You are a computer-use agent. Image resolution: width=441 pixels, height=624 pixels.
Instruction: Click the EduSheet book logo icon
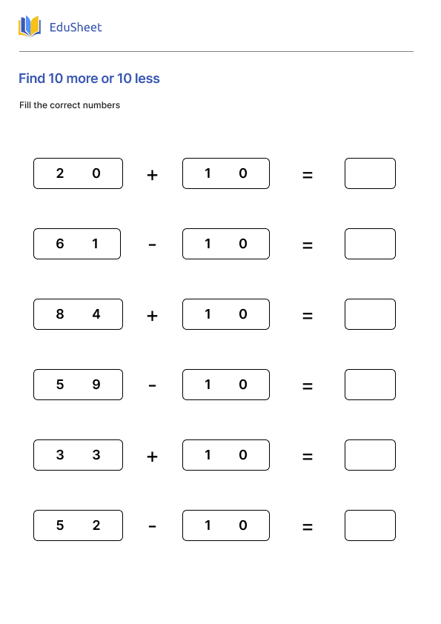click(30, 27)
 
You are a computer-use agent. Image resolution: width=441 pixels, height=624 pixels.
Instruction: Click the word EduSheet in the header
click(75, 27)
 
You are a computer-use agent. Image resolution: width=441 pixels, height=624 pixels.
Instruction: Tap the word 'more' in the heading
click(83, 79)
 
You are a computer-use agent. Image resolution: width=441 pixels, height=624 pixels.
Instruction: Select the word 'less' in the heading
click(147, 79)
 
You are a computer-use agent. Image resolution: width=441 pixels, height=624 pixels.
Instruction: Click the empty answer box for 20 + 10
click(370, 173)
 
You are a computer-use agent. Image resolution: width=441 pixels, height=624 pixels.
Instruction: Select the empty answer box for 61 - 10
click(370, 244)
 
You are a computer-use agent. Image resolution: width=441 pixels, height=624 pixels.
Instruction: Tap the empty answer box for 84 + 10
click(370, 314)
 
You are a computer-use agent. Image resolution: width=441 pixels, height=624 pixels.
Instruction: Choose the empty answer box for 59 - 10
click(370, 385)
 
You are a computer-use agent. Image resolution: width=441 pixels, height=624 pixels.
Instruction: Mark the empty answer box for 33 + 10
click(370, 455)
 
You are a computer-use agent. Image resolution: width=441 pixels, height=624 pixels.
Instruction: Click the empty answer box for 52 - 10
click(370, 525)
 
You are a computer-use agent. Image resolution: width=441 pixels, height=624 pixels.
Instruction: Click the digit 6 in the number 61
click(60, 244)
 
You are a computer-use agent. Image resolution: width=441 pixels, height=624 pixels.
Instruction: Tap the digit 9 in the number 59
click(96, 385)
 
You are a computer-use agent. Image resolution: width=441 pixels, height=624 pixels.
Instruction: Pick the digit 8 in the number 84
click(60, 314)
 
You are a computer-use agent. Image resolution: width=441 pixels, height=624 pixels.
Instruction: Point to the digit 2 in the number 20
click(60, 173)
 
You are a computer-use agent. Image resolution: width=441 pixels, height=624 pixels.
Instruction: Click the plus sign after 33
click(152, 457)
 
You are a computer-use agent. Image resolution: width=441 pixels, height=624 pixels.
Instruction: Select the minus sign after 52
click(152, 526)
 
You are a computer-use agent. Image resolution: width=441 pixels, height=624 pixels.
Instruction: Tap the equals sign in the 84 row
click(308, 316)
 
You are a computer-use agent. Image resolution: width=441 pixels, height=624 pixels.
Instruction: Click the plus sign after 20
click(152, 176)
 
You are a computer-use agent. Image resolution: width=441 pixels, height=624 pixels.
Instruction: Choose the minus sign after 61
click(152, 245)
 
